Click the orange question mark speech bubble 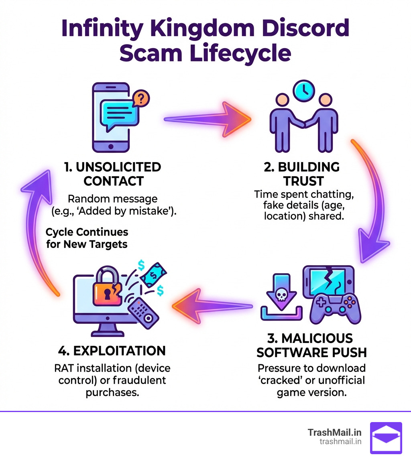(140, 97)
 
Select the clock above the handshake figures (303, 91)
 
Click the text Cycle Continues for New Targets (87, 238)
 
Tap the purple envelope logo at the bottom (386, 438)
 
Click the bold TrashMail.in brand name (335, 433)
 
